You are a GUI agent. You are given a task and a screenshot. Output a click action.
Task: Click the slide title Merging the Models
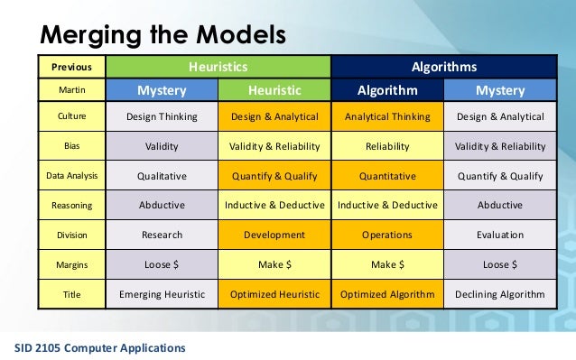162,34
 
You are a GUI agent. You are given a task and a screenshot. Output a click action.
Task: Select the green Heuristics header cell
218,67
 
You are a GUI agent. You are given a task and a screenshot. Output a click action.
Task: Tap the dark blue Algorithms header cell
443,67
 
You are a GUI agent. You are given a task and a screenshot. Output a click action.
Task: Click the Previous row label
71,67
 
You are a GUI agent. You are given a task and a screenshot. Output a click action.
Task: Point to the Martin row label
71,90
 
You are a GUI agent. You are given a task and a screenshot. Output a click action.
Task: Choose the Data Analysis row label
71,177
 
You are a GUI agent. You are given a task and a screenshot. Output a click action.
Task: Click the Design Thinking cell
162,117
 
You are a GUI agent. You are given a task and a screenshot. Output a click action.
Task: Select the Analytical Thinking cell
387,117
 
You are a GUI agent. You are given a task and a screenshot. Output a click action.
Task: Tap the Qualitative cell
162,177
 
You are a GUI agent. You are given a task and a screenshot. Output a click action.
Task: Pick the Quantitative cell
387,177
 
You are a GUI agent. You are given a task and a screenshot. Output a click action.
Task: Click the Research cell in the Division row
162,235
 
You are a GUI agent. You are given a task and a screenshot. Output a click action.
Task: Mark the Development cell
274,235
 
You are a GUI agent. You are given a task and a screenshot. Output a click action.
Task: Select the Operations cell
387,235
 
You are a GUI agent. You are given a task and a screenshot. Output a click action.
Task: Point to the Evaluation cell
500,235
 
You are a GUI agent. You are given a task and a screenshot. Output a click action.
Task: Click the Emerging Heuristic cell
162,294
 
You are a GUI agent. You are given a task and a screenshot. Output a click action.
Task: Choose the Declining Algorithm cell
500,294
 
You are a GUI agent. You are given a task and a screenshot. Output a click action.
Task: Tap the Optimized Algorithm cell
387,294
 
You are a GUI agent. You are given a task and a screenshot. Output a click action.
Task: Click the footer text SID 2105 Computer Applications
100,347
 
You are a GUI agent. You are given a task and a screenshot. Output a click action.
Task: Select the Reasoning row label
71,206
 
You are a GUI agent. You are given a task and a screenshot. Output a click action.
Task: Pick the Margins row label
71,265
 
